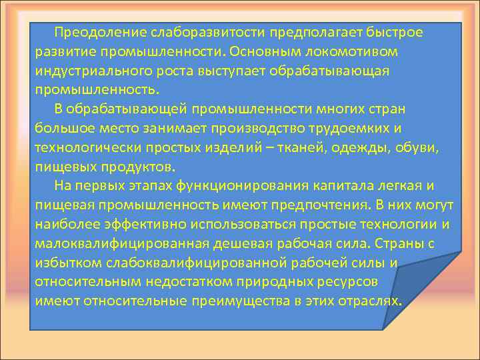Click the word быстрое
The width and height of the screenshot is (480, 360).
point(393,33)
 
